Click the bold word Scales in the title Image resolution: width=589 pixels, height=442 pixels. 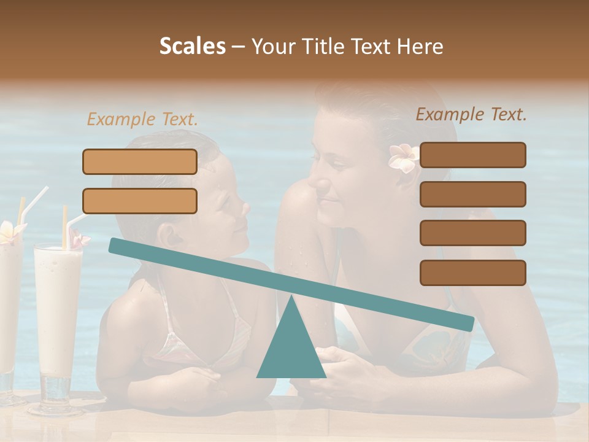click(x=193, y=46)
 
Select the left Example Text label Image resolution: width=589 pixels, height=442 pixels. click(x=142, y=119)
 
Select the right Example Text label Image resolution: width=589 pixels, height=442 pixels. click(x=471, y=114)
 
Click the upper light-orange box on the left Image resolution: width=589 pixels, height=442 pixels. click(x=140, y=161)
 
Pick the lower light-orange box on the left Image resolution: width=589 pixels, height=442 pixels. click(x=140, y=201)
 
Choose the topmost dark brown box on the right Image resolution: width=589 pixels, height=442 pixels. click(x=472, y=155)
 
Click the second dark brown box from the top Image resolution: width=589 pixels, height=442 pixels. click(x=472, y=194)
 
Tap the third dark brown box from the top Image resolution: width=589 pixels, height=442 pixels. click(x=472, y=233)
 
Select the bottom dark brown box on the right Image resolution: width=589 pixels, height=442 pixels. click(x=472, y=273)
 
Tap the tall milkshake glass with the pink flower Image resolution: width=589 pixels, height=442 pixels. click(x=58, y=319)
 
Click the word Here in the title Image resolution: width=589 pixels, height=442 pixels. click(x=420, y=47)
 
